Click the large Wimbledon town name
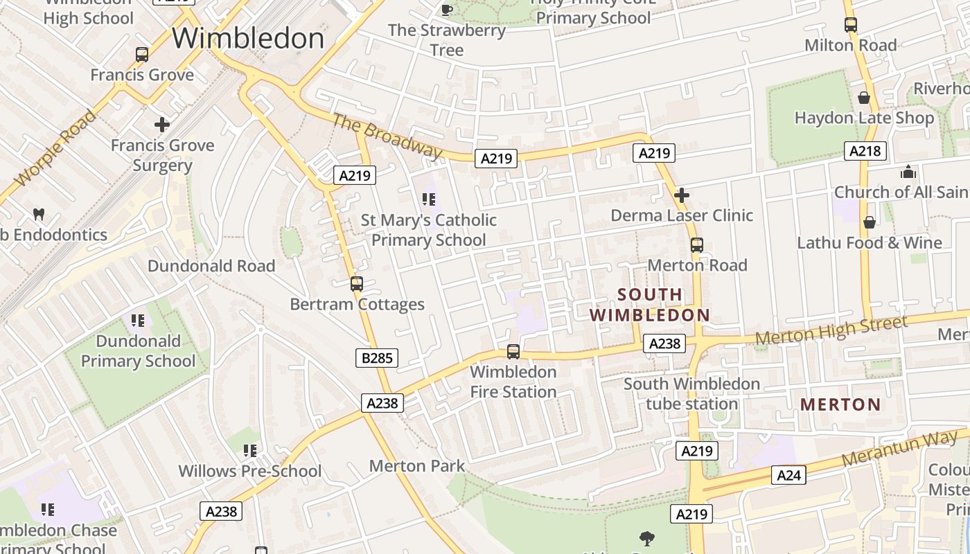pos(248,38)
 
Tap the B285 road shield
pos(378,358)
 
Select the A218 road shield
pos(865,151)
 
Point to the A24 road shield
pos(788,475)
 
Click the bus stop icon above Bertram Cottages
pos(357,284)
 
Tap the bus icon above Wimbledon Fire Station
pos(513,352)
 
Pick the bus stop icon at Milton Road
pos(851,25)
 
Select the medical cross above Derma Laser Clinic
pos(682,195)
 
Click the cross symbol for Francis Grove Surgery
pos(162,125)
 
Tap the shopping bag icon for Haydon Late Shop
pos(864,98)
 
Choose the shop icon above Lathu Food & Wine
pos(870,222)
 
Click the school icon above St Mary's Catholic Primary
pos(429,200)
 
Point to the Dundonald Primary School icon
pos(138,321)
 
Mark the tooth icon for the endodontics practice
pos(39,215)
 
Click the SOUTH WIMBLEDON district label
pos(650,305)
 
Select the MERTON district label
pos(840,404)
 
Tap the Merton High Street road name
pos(831,331)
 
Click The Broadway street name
pos(386,136)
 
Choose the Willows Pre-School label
pos(250,471)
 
